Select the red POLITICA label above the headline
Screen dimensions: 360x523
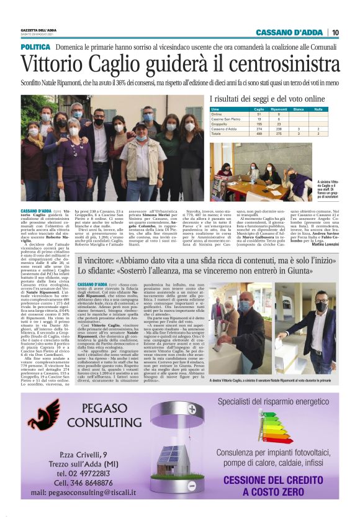coord(35,47)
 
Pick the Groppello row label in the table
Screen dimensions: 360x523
coord(221,124)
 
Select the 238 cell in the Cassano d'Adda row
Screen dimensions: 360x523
coord(281,129)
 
